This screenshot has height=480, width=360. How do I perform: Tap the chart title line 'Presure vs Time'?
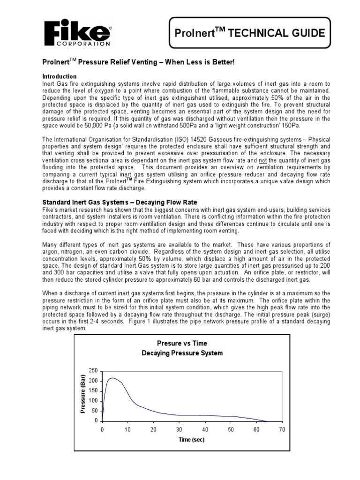point(175,343)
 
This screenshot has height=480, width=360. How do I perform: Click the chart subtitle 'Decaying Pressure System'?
point(175,353)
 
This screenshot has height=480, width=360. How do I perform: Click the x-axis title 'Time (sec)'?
point(191,440)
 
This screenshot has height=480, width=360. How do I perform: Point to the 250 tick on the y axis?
point(93,371)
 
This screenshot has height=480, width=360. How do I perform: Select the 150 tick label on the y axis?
point(93,391)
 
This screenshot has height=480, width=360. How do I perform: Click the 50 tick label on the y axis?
point(95,411)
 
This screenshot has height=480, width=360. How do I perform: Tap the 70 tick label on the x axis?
point(282,429)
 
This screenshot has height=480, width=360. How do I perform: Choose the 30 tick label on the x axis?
point(179,429)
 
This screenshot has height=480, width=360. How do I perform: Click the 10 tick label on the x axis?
point(127,429)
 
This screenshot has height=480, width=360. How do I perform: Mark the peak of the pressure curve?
point(112,378)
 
